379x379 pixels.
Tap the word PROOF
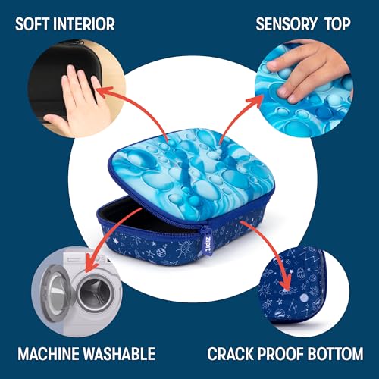click(x=284, y=353)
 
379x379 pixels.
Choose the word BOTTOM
click(x=335, y=353)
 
